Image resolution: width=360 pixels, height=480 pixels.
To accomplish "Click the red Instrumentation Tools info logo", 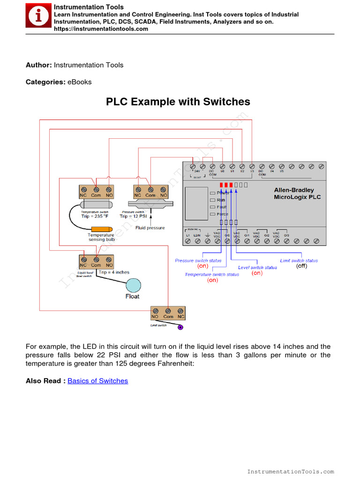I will click(x=38, y=17).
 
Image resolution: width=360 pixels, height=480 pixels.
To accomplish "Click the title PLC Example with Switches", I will click(x=178, y=102).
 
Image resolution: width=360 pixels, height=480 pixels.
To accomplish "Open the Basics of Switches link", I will click(x=97, y=381).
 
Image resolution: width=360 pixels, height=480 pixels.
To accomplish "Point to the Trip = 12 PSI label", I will click(x=134, y=216).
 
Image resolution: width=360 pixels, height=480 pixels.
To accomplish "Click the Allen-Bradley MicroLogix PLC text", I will click(x=297, y=194).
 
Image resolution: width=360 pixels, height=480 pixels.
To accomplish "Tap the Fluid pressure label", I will click(x=150, y=228).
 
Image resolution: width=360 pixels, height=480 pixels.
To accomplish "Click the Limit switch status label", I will click(x=299, y=261).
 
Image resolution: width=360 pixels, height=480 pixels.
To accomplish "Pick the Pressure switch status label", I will click(x=198, y=261).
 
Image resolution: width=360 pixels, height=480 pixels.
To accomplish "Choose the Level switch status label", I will click(x=257, y=268).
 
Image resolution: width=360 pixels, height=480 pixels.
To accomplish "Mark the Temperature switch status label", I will click(x=212, y=274).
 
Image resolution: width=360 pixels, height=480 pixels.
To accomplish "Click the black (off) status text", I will click(x=301, y=266).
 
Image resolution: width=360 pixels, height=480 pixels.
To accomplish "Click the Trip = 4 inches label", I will click(x=114, y=272).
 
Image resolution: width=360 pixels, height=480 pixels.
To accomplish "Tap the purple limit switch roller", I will click(x=180, y=328).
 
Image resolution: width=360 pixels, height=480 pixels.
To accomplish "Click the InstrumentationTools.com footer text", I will click(x=291, y=472).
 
